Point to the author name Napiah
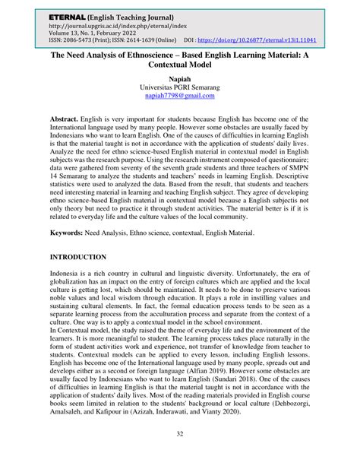(179, 78)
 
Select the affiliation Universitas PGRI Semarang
(179, 88)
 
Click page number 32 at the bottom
(179, 455)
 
